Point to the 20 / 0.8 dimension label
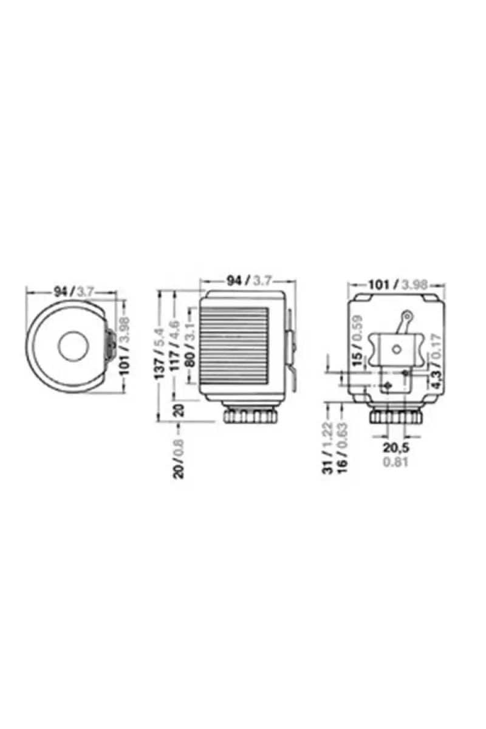tap(179, 458)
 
